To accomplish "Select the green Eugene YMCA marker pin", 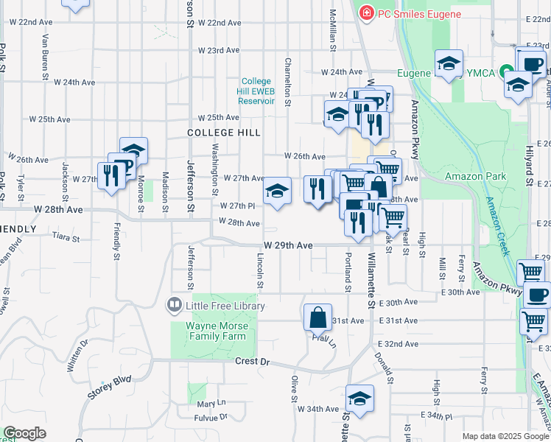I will (x=507, y=73).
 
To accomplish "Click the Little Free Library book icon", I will (x=175, y=304).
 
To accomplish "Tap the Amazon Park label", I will (x=475, y=176).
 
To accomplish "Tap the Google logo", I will (x=24, y=433).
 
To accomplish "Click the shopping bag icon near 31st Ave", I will (x=317, y=318).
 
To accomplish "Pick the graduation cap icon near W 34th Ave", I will (x=359, y=399).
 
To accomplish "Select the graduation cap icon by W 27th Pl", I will (x=277, y=192).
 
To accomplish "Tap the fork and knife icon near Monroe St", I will (x=111, y=175).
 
